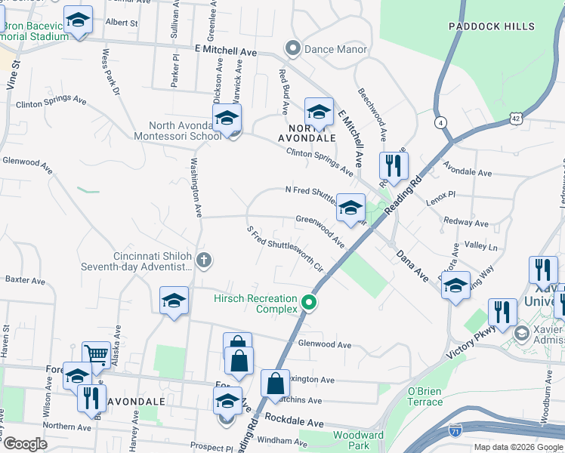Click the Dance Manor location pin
293,50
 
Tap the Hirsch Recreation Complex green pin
309,304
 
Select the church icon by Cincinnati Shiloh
202,260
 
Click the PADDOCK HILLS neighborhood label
491,26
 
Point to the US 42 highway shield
515,118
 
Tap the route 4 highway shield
441,122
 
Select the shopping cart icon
96,354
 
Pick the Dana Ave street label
412,266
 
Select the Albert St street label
122,23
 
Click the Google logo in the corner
25,444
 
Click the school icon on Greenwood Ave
350,208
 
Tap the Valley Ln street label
481,247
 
